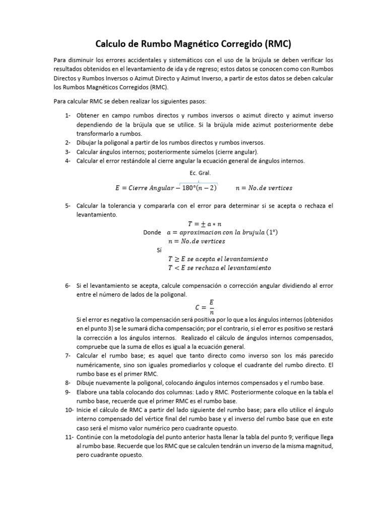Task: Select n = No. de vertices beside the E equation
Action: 264,188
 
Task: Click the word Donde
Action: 152,233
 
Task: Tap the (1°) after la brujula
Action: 272,233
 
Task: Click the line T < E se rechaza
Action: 219,268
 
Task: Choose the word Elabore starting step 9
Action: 89,392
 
